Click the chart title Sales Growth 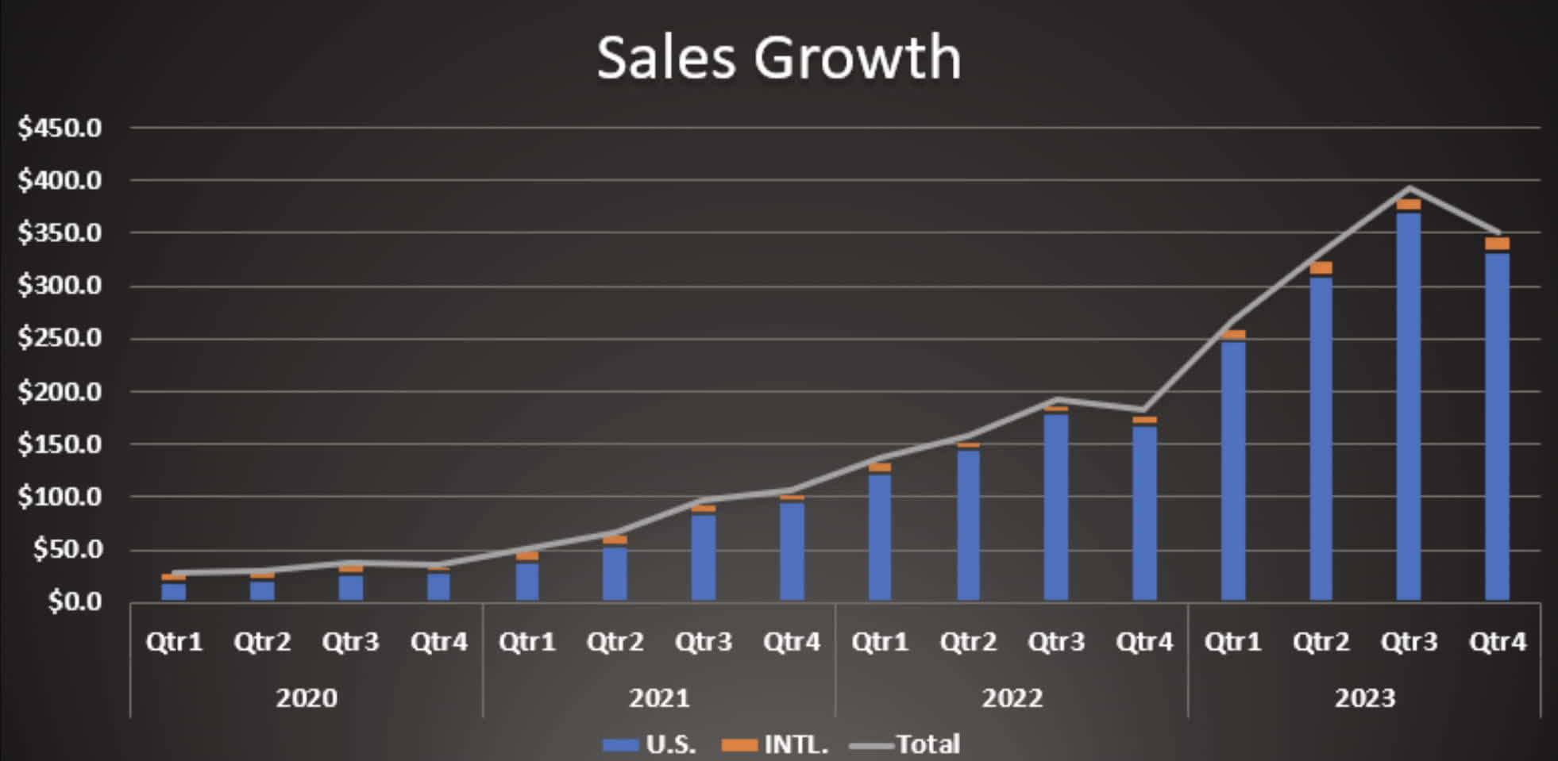[x=778, y=57]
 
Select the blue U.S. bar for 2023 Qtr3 [x=1409, y=405]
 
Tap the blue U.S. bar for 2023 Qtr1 [x=1232, y=468]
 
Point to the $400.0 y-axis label [x=60, y=181]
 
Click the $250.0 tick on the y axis [x=60, y=338]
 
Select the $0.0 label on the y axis [x=75, y=601]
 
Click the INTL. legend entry [x=775, y=744]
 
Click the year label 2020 [x=307, y=698]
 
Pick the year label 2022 [x=1012, y=698]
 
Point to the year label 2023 [x=1364, y=698]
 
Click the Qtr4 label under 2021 [x=791, y=641]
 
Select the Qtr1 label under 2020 [x=174, y=641]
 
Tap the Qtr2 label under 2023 [x=1321, y=641]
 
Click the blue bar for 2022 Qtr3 [x=1056, y=508]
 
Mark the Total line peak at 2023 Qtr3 [x=1409, y=188]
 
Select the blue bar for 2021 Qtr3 [x=704, y=555]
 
